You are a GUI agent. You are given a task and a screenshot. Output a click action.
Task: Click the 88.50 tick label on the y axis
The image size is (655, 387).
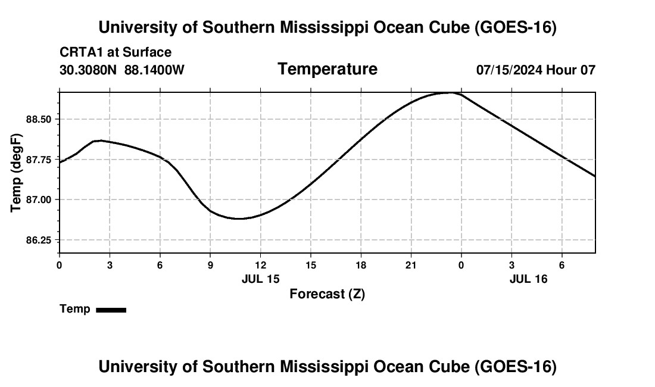click(x=39, y=120)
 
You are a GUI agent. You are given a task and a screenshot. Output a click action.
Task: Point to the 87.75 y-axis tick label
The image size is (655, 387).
click(x=39, y=160)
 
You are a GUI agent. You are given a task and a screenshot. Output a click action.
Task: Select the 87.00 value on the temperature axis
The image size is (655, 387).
click(x=39, y=200)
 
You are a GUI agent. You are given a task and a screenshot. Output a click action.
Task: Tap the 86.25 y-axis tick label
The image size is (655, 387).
click(x=39, y=241)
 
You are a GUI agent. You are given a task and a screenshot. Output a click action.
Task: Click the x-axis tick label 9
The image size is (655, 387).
click(x=210, y=265)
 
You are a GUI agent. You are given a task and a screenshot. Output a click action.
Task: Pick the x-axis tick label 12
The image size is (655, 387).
click(x=261, y=265)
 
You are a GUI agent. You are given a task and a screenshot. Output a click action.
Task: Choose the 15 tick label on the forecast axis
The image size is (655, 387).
click(x=311, y=265)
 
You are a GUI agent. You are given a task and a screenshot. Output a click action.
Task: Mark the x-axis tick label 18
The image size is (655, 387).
click(x=361, y=265)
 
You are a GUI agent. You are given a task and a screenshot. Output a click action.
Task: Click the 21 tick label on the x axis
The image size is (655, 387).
click(x=411, y=265)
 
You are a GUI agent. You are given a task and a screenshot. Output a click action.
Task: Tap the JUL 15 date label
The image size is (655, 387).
click(x=261, y=279)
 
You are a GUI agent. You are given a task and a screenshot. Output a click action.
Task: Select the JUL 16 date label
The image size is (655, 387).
click(x=528, y=279)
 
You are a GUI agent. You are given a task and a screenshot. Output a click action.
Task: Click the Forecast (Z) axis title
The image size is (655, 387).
click(x=327, y=294)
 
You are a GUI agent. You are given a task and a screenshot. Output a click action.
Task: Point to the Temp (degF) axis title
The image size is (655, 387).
click(x=16, y=173)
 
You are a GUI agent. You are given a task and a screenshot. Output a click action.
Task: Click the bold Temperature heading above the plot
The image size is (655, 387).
click(x=327, y=69)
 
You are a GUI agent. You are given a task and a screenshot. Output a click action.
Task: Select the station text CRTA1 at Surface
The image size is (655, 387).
click(x=116, y=52)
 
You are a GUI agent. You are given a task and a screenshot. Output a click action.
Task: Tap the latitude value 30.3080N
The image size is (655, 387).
click(x=88, y=70)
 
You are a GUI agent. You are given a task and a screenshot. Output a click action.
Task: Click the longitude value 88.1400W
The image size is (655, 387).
click(x=155, y=70)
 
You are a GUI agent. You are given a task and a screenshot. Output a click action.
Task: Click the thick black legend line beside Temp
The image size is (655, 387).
click(x=111, y=310)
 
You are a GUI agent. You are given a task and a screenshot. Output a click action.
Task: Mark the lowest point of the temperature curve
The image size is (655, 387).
click(x=240, y=219)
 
